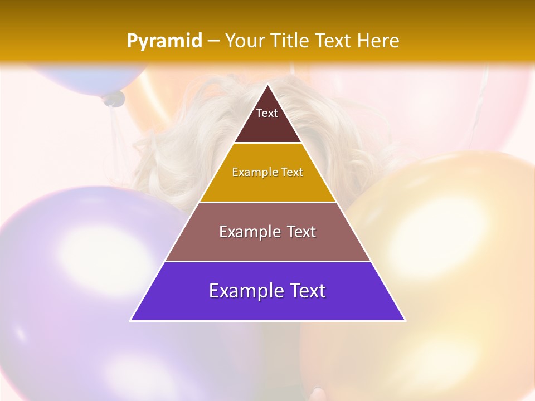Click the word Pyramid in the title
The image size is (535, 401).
point(164,41)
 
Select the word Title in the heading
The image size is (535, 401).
point(289,41)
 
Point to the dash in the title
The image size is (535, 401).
point(213,41)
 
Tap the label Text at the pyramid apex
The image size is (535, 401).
point(267,113)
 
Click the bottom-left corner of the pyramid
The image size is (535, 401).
point(131,320)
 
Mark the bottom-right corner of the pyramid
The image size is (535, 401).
point(405,320)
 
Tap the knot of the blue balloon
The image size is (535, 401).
point(114,99)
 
